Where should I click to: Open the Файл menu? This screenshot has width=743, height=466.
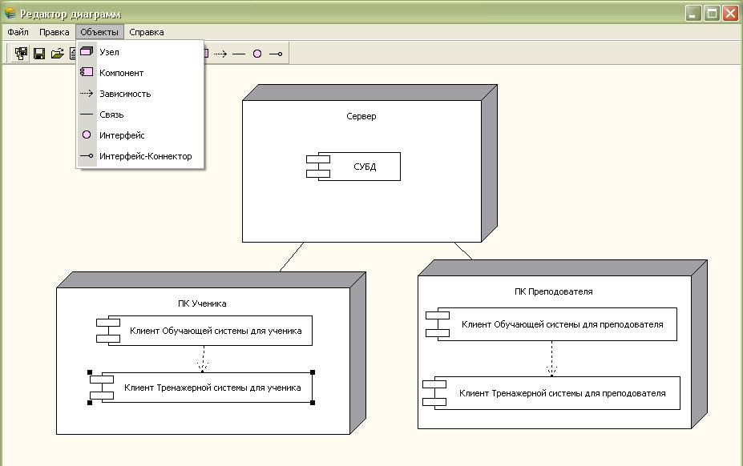click(18, 32)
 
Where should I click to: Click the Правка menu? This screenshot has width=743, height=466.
click(54, 32)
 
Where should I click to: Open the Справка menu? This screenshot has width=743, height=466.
click(146, 32)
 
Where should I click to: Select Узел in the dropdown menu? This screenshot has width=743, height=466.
click(109, 52)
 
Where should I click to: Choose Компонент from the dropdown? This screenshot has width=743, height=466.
click(121, 73)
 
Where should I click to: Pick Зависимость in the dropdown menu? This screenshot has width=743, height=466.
click(124, 94)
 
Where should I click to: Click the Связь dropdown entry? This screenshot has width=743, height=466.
click(111, 114)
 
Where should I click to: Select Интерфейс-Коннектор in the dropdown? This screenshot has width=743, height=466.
click(145, 156)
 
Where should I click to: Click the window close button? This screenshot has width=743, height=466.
click(729, 13)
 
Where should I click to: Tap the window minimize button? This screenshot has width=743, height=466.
click(693, 13)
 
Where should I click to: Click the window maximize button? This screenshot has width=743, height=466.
click(711, 13)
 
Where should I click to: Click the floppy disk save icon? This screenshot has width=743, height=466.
click(38, 54)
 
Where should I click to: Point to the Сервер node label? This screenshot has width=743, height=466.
click(361, 116)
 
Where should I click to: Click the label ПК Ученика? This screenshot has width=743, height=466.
click(202, 303)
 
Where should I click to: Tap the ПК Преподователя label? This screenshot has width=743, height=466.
click(553, 291)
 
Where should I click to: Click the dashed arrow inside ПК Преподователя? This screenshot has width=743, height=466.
click(551, 357)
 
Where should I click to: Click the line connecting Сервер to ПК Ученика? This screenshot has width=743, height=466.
click(292, 257)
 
